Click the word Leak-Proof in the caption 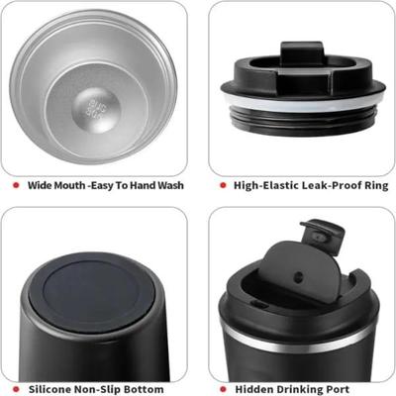[x=320, y=184]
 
